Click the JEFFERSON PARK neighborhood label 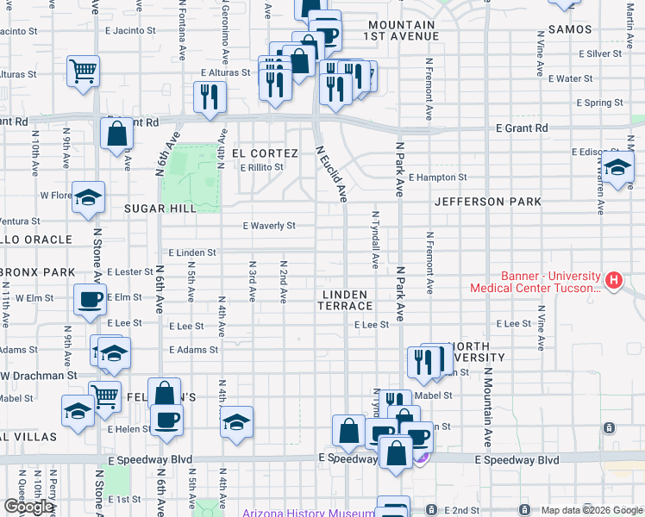click(488, 202)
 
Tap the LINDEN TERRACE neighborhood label click(348, 300)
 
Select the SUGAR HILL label click(156, 209)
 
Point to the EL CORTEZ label click(264, 153)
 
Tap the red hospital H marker click(613, 280)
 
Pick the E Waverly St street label click(268, 226)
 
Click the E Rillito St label click(261, 167)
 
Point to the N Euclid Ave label click(331, 173)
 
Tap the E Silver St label click(600, 53)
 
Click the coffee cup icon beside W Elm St click(90, 299)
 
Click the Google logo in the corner click(28, 507)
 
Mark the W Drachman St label click(39, 377)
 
